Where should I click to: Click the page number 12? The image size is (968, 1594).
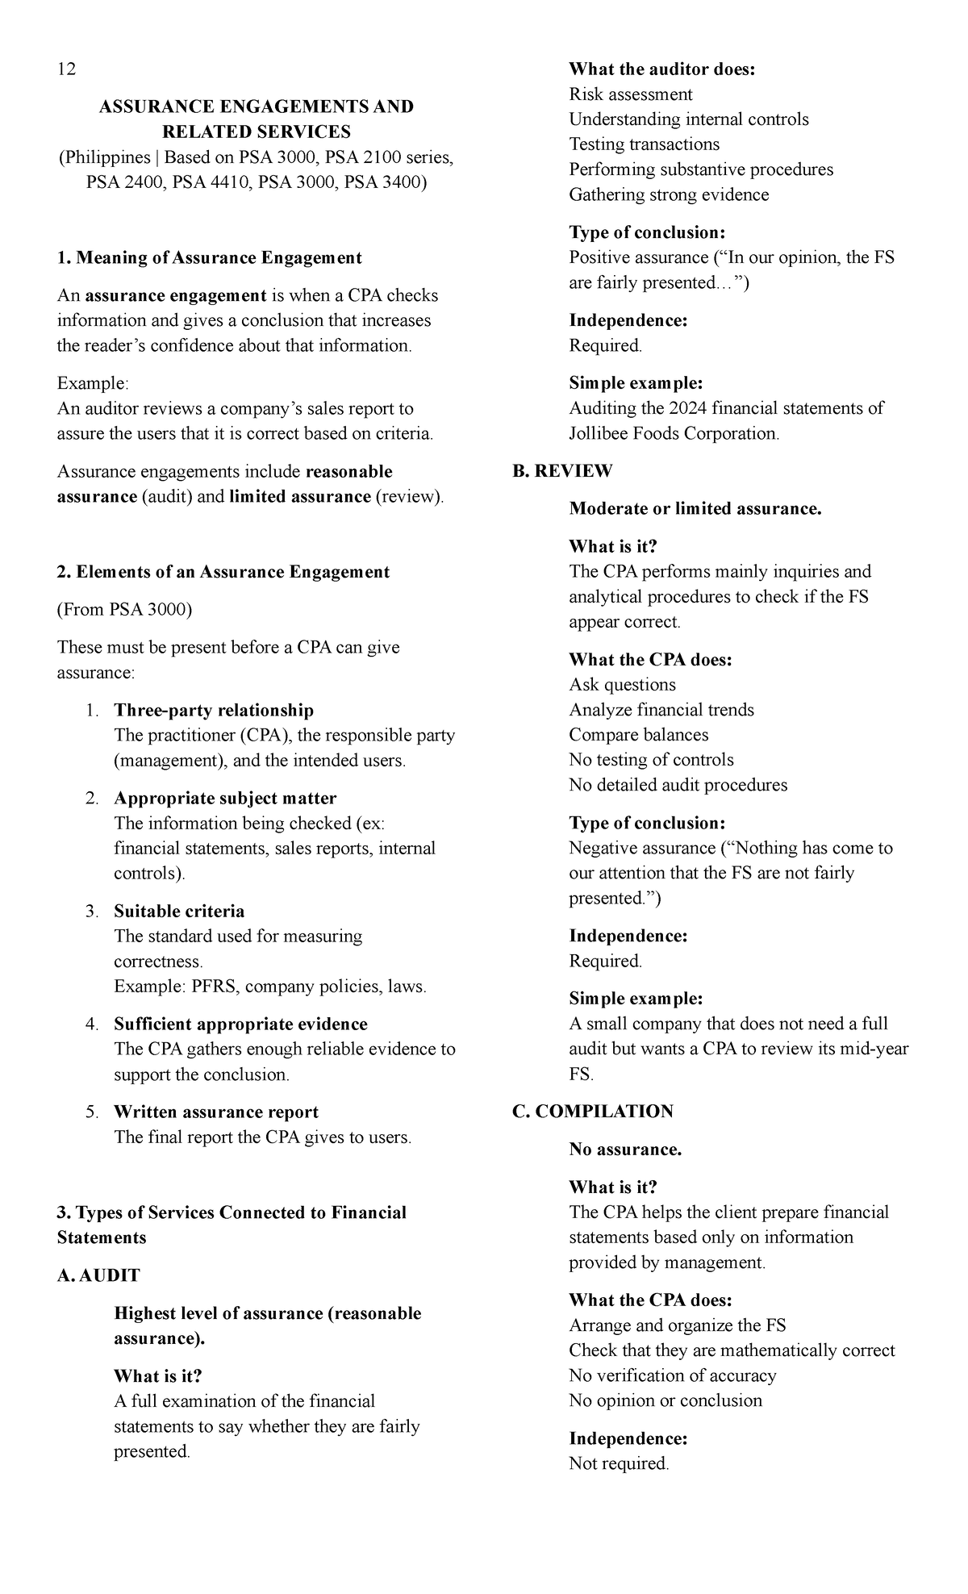point(66,69)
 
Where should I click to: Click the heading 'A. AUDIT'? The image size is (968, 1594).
point(98,1275)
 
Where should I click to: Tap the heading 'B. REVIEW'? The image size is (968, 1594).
point(562,471)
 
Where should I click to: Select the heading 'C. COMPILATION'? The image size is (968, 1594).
point(593,1112)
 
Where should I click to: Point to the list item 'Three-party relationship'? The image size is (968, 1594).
point(214,711)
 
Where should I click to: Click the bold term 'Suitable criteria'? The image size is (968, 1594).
point(179,912)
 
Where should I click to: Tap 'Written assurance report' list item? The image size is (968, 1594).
point(216,1112)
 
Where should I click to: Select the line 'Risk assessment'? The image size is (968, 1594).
point(630,94)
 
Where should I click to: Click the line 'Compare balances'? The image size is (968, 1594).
point(638,735)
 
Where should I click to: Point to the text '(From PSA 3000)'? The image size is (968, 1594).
point(124,610)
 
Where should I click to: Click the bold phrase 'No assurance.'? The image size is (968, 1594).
point(625,1150)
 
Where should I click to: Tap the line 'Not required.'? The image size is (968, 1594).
point(619,1463)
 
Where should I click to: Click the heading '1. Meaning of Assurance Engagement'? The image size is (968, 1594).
point(210,258)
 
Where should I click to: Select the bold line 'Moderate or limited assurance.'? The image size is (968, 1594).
point(695,509)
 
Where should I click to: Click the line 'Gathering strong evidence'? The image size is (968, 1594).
point(669,194)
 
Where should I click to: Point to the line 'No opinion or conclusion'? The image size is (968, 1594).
point(665,1400)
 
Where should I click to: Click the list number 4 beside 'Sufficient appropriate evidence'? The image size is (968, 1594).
point(91,1024)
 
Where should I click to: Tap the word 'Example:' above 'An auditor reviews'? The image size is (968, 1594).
point(93,383)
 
